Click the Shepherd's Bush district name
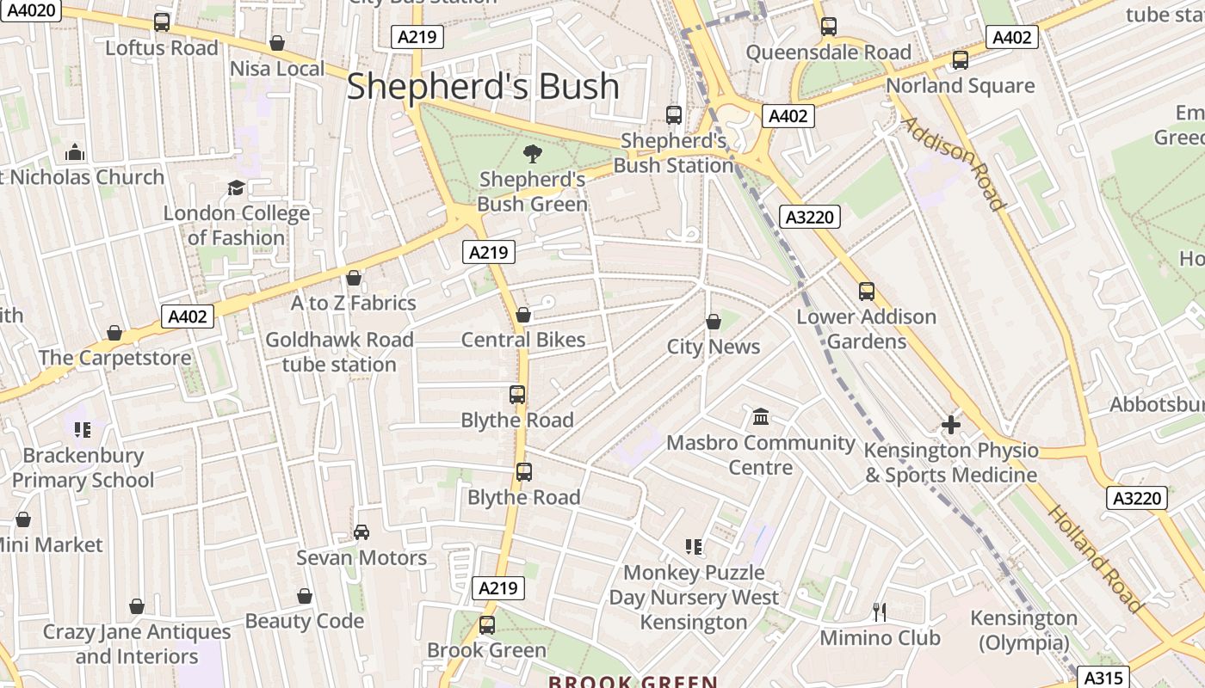(483, 87)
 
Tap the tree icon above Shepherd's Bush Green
(533, 154)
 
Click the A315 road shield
(1101, 677)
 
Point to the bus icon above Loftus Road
(162, 22)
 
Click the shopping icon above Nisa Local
(277, 43)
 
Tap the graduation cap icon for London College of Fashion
(236, 187)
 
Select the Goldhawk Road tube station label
(339, 352)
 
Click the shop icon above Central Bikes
(523, 315)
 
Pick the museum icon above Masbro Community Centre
(761, 417)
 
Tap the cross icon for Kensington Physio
(951, 424)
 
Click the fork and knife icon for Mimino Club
(879, 612)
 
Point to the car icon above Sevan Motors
(361, 532)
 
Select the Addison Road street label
(953, 163)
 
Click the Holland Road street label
(1095, 559)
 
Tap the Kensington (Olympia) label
(1023, 630)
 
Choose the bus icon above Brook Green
(487, 625)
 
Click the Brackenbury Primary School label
(83, 468)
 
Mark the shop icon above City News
(714, 322)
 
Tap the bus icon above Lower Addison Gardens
(867, 292)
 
